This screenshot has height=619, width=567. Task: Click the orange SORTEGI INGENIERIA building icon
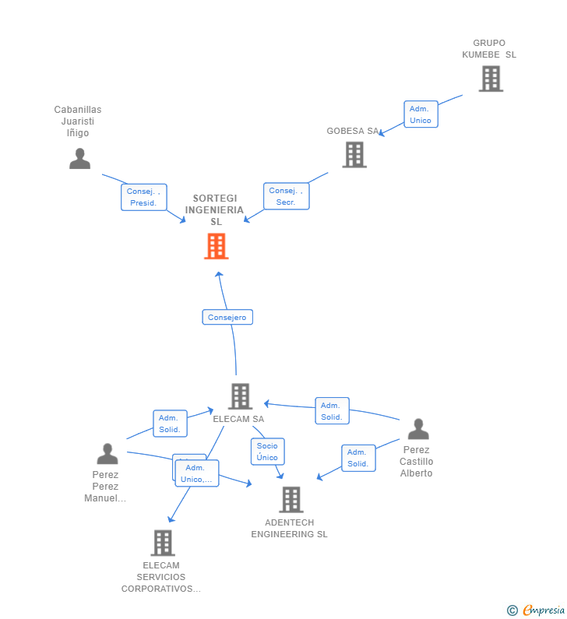217,246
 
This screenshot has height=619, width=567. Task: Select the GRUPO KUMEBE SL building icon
490,79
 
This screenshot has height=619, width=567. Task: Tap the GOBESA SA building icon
354,154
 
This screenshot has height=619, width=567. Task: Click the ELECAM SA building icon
240,396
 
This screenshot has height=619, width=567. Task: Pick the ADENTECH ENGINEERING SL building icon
291,500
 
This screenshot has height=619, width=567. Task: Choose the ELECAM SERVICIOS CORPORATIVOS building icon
162,543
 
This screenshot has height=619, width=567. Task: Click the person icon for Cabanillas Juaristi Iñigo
79,158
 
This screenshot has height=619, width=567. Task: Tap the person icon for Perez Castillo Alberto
418,429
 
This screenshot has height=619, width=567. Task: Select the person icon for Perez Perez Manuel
107,453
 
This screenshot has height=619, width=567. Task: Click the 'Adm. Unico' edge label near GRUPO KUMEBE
421,114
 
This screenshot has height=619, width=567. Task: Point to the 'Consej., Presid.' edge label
143,197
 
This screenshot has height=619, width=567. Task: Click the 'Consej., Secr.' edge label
286,196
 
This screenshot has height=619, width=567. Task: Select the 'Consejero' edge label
227,317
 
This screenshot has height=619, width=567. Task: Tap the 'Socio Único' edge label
267,452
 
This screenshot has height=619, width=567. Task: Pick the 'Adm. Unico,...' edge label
197,473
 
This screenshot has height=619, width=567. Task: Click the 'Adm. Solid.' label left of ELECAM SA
170,424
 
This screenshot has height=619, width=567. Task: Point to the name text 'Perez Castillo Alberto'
417,462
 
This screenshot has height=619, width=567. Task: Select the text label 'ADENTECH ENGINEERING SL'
289,529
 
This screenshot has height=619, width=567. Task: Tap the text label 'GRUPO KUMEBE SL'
489,49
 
